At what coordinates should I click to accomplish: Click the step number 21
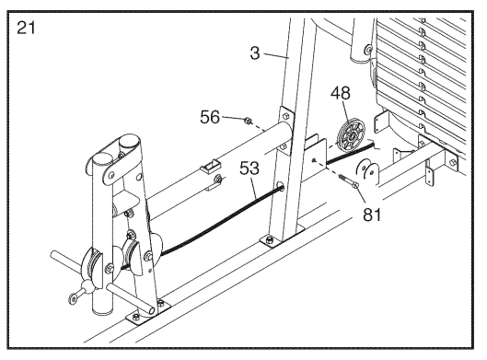pyautogui.click(x=26, y=28)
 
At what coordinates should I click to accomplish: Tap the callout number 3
pyautogui.click(x=255, y=52)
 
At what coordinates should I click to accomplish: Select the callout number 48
pyautogui.click(x=340, y=93)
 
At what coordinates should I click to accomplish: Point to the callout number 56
pyautogui.click(x=210, y=118)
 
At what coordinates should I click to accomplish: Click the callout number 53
pyautogui.click(x=249, y=168)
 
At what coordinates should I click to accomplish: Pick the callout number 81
pyautogui.click(x=372, y=215)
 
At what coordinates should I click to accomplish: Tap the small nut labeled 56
pyautogui.click(x=248, y=121)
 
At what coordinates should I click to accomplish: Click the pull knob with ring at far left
pyautogui.click(x=81, y=291)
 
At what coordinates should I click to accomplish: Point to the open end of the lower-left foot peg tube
pyautogui.click(x=151, y=310)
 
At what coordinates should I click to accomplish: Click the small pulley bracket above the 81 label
pyautogui.click(x=367, y=172)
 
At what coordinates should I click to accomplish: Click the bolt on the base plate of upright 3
pyautogui.click(x=269, y=239)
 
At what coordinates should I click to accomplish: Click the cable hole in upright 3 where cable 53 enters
pyautogui.click(x=281, y=187)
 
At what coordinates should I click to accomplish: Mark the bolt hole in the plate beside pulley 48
pyautogui.click(x=314, y=160)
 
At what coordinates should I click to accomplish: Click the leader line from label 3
pyautogui.click(x=276, y=55)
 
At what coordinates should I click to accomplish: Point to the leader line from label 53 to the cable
pyautogui.click(x=253, y=187)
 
